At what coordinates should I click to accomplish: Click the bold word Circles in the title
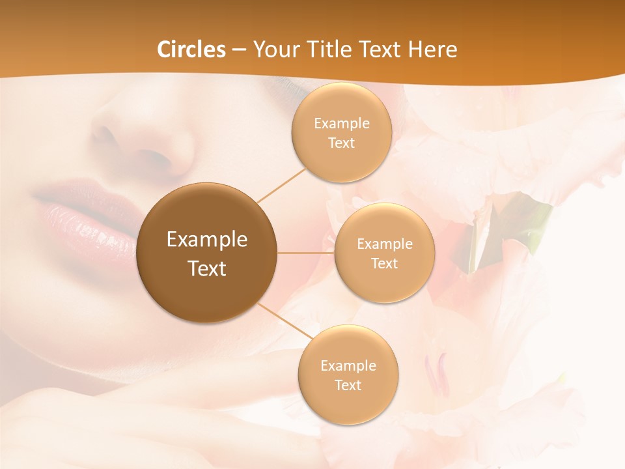tap(191, 49)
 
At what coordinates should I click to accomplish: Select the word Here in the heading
tap(432, 49)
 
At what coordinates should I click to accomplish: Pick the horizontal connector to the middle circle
tap(305, 253)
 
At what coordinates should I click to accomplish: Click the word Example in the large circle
tap(207, 240)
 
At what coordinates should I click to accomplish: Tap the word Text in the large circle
tap(207, 268)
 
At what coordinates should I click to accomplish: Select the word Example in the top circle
tap(341, 123)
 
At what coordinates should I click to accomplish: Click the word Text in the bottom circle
tap(348, 385)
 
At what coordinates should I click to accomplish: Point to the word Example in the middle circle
tap(384, 244)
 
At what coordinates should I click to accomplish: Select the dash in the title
tap(239, 50)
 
